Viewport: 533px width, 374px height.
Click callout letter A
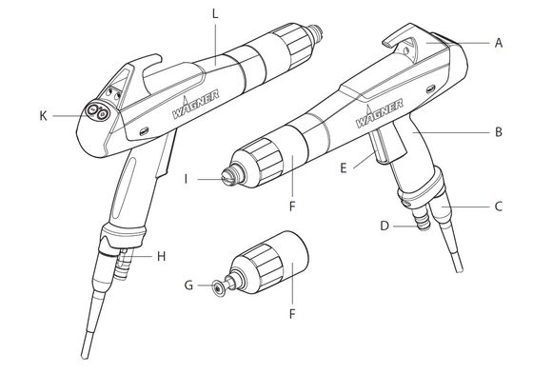click(x=499, y=43)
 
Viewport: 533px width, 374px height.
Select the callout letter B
click(x=499, y=133)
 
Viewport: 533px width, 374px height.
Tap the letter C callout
click(x=499, y=205)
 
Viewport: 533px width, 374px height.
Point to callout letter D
click(x=385, y=226)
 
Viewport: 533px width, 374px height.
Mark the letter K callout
click(x=42, y=114)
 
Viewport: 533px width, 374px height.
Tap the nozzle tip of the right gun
click(x=227, y=176)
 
